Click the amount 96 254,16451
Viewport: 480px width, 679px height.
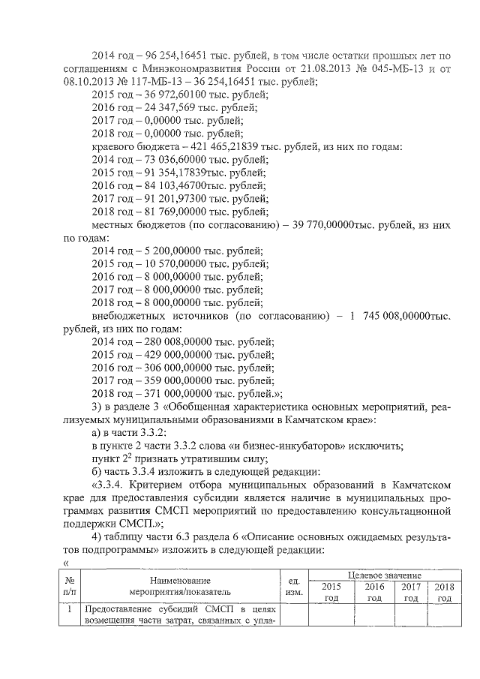pos(173,55)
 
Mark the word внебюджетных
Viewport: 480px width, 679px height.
pos(130,315)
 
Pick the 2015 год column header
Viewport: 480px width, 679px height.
pos(331,592)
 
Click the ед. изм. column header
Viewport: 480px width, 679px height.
pos(294,586)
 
